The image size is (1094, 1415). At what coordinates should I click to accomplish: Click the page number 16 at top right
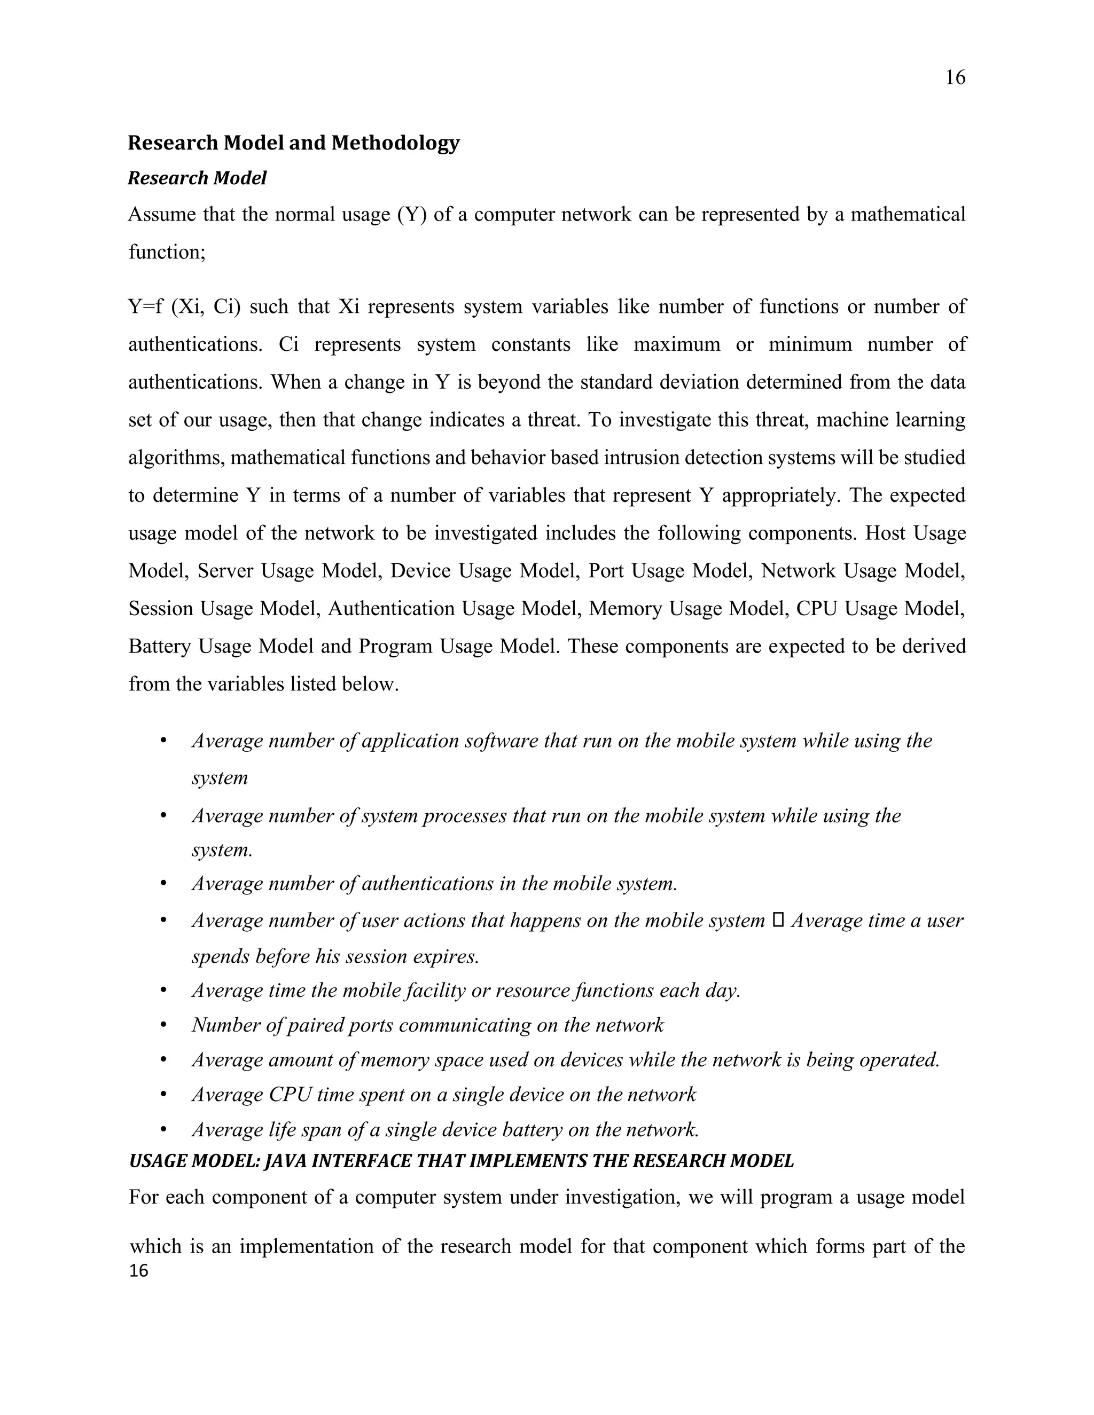955,78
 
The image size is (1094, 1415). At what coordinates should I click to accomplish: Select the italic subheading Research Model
197,178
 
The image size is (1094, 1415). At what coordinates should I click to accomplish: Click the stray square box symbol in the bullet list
778,920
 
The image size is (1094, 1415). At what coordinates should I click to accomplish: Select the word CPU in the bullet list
285,1094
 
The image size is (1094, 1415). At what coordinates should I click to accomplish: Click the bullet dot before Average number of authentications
163,884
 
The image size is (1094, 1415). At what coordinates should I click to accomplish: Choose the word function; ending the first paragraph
167,252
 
